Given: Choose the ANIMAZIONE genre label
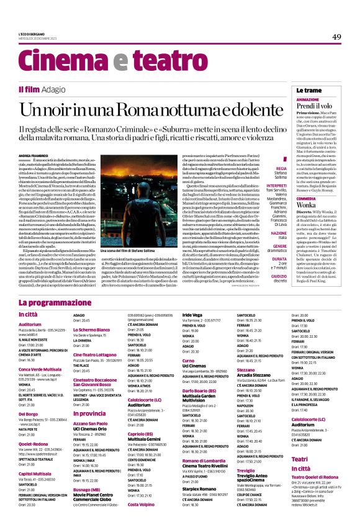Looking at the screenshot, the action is click(308, 99).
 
